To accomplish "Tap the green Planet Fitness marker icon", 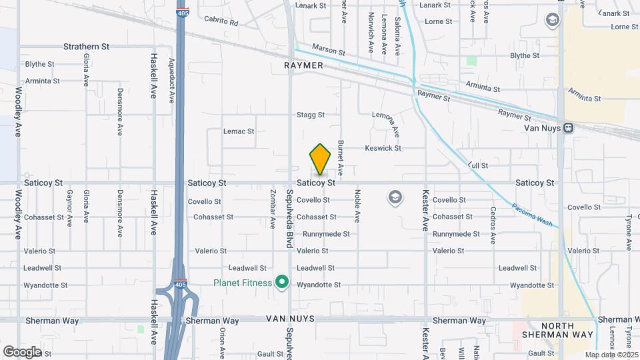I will tap(281, 283).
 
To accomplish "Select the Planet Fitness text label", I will tap(243, 283).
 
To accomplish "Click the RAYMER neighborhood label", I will tap(303, 66).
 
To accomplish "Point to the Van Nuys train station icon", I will tap(568, 127).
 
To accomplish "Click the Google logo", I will tap(22, 351).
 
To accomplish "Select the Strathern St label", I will tap(86, 47).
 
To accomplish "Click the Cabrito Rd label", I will tap(221, 22).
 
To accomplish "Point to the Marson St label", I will tap(330, 51).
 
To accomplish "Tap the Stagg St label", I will tap(311, 115).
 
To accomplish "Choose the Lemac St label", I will tap(239, 131).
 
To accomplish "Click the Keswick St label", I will tap(383, 148).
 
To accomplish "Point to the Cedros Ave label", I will tap(493, 225).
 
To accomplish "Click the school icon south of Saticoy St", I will tap(395, 197).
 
